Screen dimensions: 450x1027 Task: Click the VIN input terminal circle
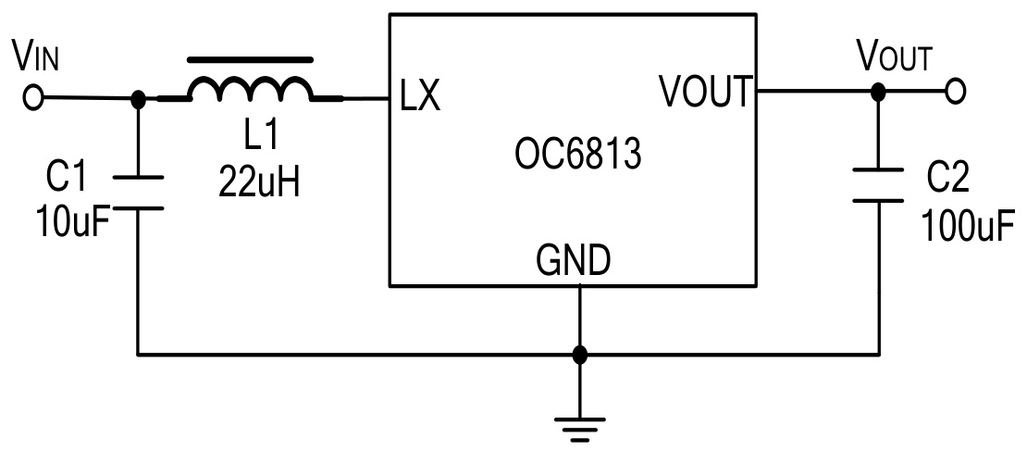[x=33, y=97]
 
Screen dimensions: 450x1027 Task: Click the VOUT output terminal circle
[x=956, y=92]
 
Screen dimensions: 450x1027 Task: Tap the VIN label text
[x=36, y=57]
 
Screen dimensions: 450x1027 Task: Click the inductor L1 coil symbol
[x=251, y=89]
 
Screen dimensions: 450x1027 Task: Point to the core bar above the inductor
[x=245, y=60]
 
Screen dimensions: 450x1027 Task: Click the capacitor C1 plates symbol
[x=138, y=192]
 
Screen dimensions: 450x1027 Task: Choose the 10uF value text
[x=70, y=222]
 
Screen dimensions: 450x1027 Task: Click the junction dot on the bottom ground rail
[x=579, y=354]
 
